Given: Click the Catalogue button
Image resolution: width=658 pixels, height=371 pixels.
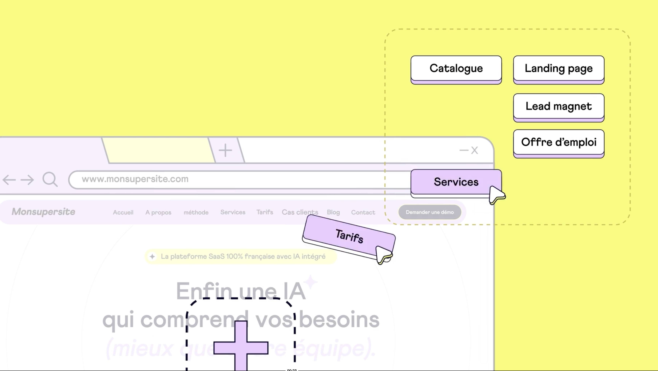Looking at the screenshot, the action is pos(456,69).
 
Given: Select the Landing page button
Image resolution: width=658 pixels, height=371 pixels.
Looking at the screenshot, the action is pos(559,69).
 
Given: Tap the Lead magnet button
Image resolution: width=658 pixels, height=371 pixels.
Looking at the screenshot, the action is pos(559,106).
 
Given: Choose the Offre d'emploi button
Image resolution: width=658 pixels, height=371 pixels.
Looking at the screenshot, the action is pos(559,142).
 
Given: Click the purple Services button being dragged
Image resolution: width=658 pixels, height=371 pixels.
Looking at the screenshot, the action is pos(456,182).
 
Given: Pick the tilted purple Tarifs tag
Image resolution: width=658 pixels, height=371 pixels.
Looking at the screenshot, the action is pos(349,236).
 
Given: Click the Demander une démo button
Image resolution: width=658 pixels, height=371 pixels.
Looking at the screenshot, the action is pos(430,212).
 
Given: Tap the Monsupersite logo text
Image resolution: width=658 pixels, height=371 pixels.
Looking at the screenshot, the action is pos(43,212).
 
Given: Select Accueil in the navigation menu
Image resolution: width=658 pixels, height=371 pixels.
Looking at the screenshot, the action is pos(123,212).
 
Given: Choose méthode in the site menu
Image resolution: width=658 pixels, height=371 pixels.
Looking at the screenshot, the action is pos(196,212).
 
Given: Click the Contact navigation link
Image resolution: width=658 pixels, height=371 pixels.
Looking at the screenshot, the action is pos(363,212).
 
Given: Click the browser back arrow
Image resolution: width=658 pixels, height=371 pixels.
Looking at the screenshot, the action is pos(9,180).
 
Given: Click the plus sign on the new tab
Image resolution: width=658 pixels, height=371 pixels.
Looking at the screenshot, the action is pos(225,150).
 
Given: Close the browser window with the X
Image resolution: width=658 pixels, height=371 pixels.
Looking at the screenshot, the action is pos(474,150).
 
